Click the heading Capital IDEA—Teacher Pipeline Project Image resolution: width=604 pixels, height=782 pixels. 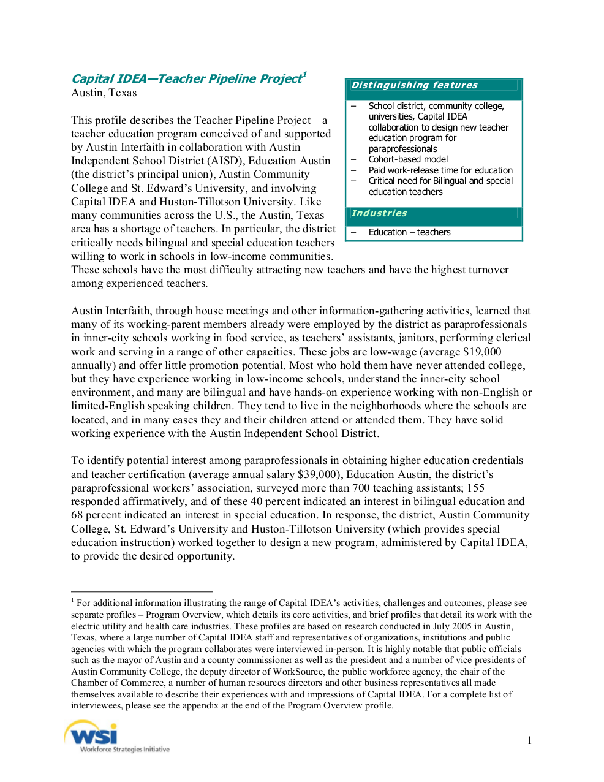(186, 79)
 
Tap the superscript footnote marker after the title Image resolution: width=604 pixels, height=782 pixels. (304, 75)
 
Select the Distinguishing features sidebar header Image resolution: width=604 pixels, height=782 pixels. (414, 85)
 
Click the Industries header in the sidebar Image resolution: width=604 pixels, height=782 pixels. (379, 213)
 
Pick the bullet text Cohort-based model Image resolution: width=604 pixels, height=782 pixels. (408, 159)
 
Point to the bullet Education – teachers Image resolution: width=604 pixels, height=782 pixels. (409, 232)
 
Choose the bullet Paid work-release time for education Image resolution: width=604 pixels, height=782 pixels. (440, 170)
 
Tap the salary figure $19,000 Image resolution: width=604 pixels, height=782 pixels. (482, 352)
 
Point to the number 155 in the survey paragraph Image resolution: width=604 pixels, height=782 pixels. (475, 488)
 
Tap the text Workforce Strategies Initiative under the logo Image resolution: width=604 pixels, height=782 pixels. (125, 750)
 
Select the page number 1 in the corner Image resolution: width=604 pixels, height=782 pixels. (529, 740)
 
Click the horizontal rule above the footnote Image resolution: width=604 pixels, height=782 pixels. (142, 592)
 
